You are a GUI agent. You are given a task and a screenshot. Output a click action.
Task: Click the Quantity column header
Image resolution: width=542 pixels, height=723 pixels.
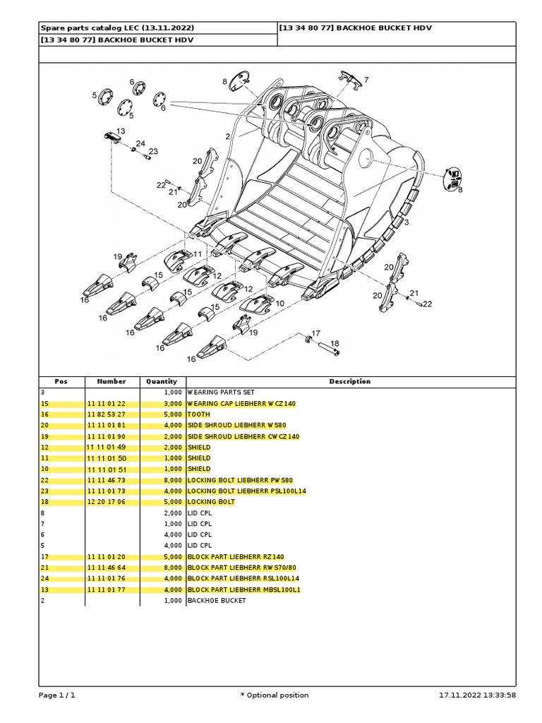pos(161,381)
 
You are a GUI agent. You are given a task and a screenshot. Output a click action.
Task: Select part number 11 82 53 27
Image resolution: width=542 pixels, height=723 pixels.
pos(106,414)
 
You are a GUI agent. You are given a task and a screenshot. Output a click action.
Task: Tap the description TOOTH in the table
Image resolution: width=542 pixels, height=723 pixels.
pos(199,414)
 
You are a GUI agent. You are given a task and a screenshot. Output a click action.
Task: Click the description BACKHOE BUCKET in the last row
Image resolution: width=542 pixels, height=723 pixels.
pos(217,600)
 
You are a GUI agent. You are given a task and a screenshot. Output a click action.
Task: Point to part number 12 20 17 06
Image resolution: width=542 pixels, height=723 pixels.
pos(106,502)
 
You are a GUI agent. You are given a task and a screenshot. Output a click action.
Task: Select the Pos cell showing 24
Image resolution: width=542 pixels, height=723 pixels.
pos(44,578)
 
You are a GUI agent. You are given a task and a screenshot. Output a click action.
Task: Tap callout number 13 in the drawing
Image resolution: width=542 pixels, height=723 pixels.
pos(121,131)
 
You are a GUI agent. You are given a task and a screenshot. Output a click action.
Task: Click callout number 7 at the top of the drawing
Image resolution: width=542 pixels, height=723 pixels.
pos(366,80)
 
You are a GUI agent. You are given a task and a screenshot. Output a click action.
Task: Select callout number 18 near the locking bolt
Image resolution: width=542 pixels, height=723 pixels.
pos(335,343)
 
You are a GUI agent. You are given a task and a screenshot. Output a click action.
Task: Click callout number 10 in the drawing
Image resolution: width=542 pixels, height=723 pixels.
pos(279,303)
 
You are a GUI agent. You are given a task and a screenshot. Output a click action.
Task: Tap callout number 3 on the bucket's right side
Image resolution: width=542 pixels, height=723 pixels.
pos(406,222)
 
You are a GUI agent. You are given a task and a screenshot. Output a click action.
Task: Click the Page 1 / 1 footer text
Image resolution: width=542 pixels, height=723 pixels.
pos(56,695)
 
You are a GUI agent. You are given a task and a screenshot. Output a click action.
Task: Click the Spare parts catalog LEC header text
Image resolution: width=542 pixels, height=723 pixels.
pos(116,28)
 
